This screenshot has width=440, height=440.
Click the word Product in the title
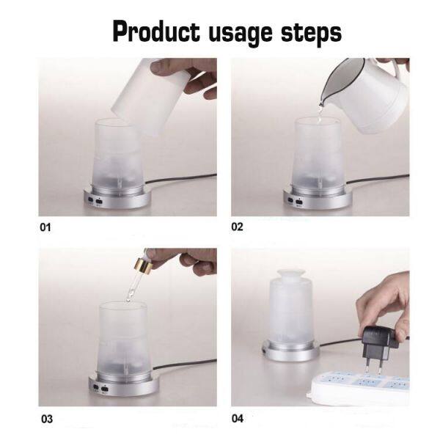point(156,32)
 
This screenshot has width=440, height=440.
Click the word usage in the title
point(241,34)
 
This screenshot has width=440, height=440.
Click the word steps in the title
point(311,33)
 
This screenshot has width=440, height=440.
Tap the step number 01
point(45,227)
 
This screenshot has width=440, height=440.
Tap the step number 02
point(237,227)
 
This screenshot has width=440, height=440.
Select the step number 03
point(47,419)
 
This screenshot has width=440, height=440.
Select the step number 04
point(238,419)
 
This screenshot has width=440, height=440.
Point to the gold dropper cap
point(143,264)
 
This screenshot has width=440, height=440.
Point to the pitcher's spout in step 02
point(323,103)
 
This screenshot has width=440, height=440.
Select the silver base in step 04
point(290,351)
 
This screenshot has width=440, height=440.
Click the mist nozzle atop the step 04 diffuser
point(290,274)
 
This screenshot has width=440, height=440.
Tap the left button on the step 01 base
point(91,199)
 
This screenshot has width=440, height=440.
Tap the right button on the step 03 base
point(104,389)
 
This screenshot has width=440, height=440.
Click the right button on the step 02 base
point(299,202)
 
